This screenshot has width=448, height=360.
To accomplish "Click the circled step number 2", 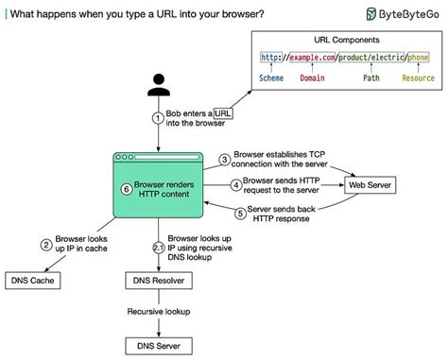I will pos(45,244).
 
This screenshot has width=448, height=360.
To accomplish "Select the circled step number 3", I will pos(225,160).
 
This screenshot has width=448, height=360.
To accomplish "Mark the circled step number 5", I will pos(240,214).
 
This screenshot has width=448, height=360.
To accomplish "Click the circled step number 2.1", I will pos(159,248).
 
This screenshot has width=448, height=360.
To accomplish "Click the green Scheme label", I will pos(276,80).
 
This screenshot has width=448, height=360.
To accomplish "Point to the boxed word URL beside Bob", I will pos(223,112).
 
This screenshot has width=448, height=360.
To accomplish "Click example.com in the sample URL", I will pos(315,58).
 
